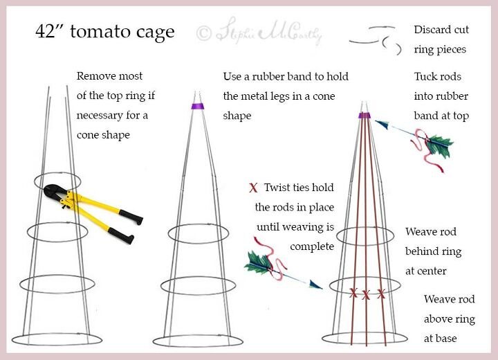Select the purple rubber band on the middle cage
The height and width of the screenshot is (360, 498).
[x=194, y=107]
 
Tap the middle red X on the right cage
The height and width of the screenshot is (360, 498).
[x=367, y=295]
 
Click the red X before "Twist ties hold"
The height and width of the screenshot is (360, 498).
[x=253, y=188]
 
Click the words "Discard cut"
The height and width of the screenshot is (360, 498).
[x=441, y=30]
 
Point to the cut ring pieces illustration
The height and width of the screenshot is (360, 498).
[x=377, y=40]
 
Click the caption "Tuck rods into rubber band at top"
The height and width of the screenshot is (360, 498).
[x=441, y=96]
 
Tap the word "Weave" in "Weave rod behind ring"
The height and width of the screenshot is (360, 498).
[x=421, y=232]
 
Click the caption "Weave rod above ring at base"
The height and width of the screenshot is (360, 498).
[x=450, y=319]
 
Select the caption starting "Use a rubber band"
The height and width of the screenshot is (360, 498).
[x=286, y=96]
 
